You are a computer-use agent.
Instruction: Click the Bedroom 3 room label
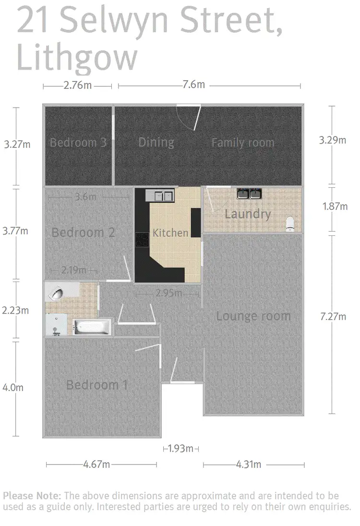coord(78,143)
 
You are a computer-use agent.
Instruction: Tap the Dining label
coord(156,142)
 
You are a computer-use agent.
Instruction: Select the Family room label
coord(242,143)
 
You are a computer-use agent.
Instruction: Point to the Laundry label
coord(248,214)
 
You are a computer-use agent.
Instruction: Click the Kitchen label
coord(170,233)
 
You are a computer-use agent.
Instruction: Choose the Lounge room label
coord(253,316)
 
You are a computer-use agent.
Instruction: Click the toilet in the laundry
coord(290,224)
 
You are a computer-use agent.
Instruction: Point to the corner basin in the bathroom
coord(56,293)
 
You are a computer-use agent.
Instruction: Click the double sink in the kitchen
coord(160,195)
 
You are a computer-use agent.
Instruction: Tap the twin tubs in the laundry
coord(249,194)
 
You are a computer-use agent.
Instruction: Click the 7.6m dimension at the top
coord(194,85)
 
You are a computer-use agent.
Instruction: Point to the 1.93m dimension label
coord(180,449)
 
